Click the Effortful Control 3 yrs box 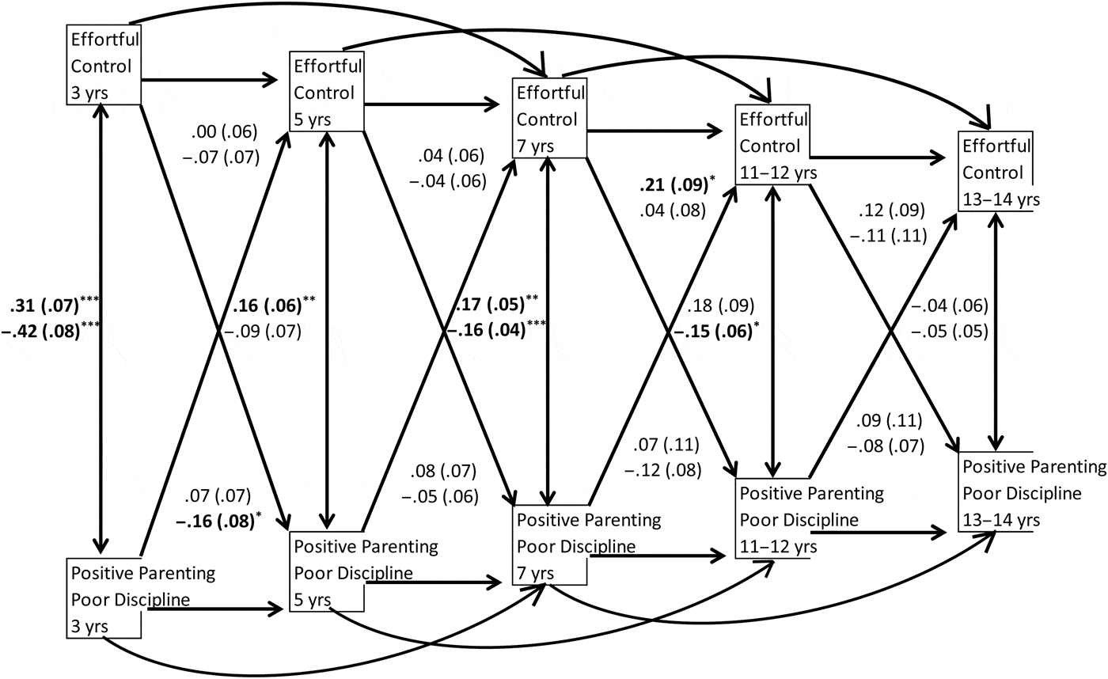point(103,66)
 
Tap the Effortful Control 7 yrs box point(550,118)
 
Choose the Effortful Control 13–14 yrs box point(997,172)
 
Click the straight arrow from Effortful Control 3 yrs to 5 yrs point(209,79)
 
